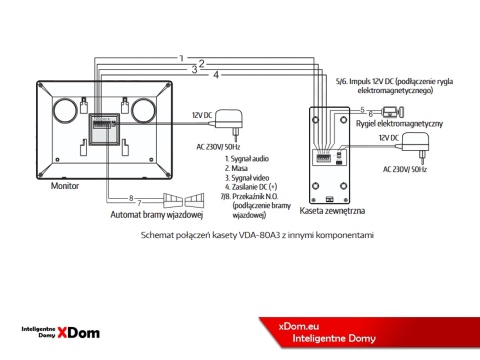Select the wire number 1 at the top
tap(181, 58)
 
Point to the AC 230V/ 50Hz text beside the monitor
tap(218, 146)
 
